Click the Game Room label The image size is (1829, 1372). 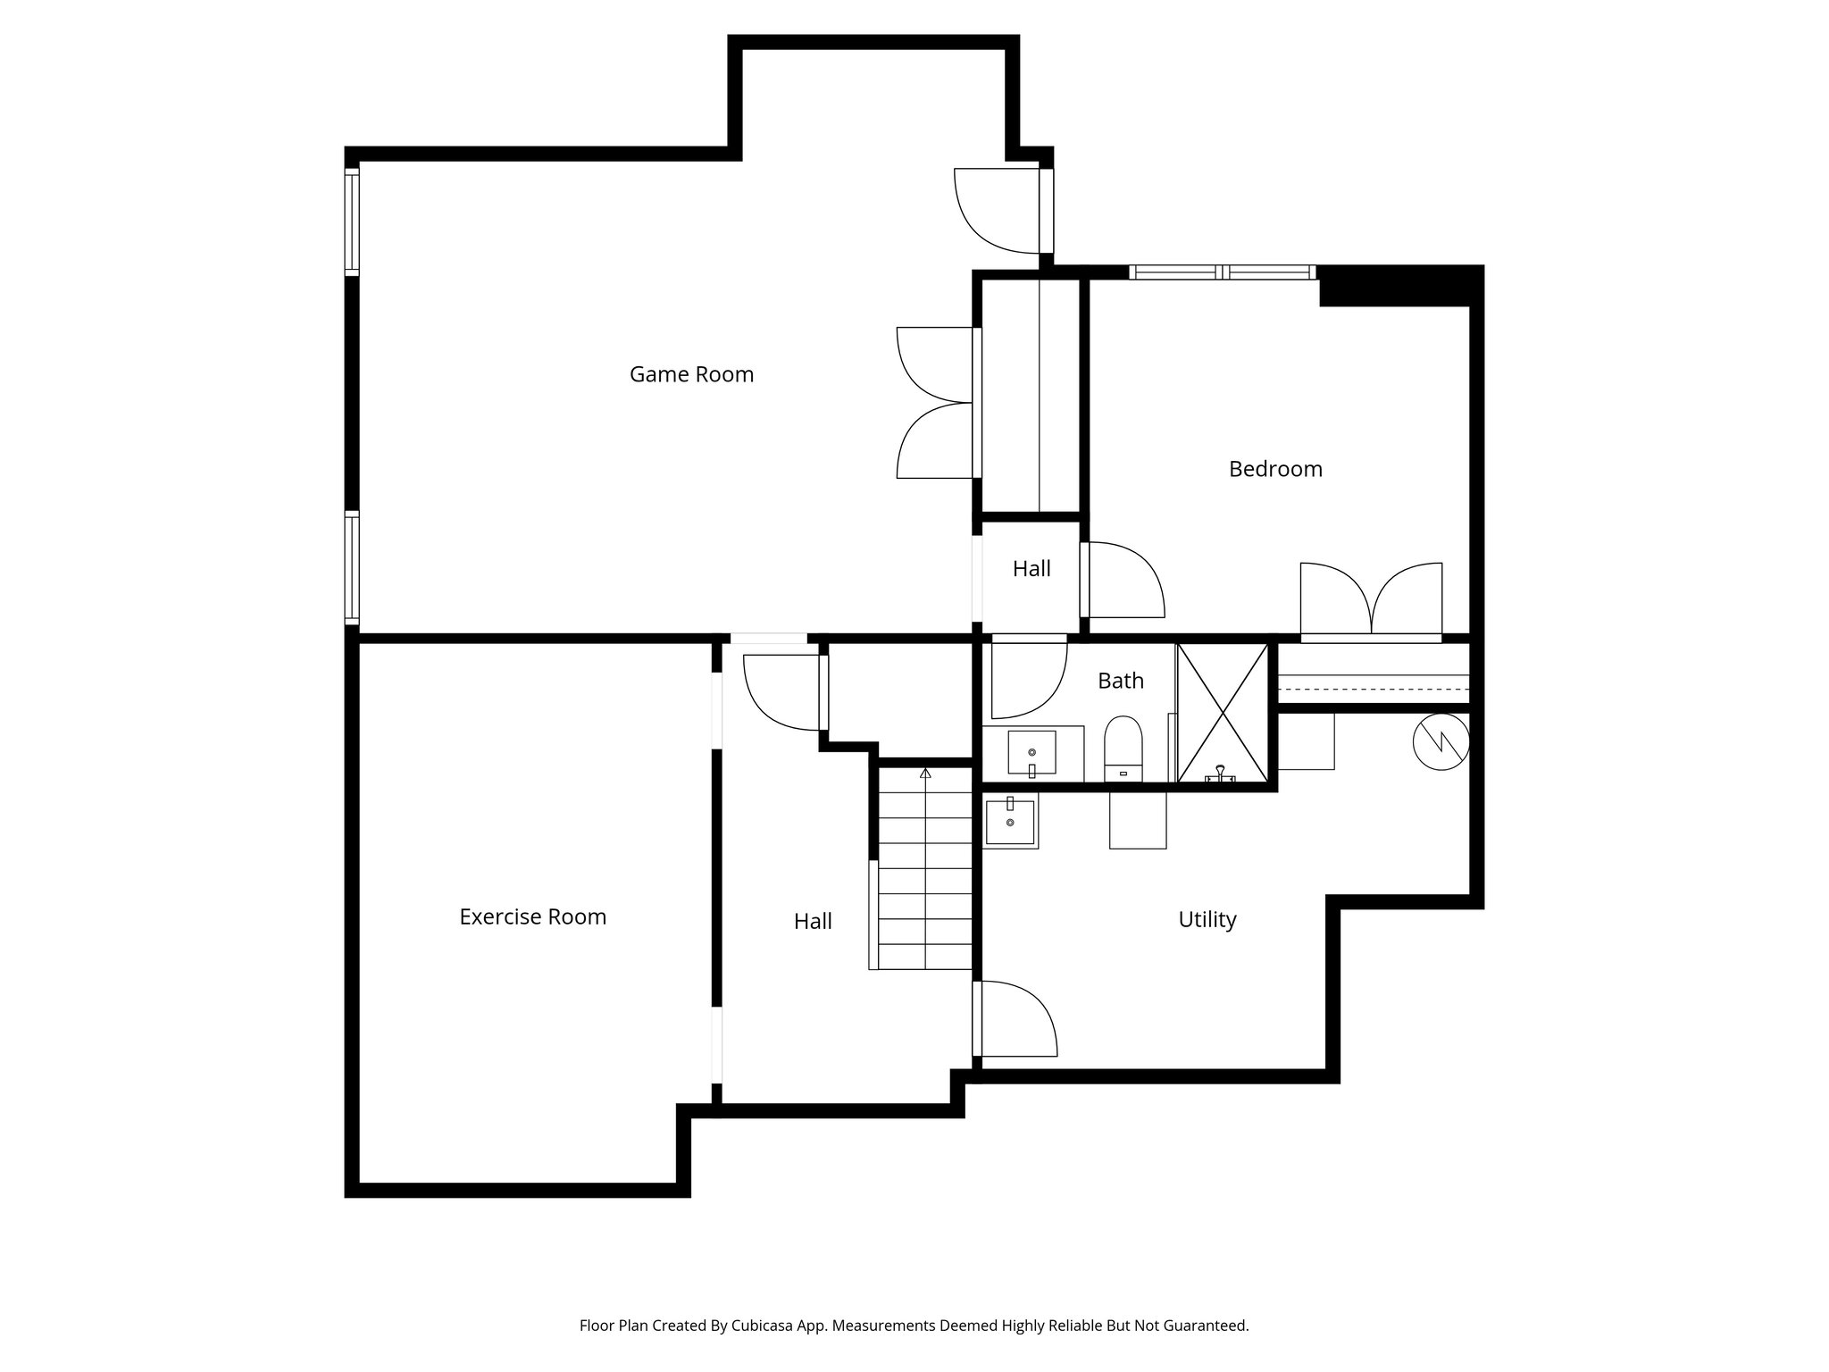point(691,374)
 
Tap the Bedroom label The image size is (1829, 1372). point(1274,469)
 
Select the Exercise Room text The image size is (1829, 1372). point(532,916)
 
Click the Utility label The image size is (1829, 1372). point(1207,919)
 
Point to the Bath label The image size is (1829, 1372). point(1120,681)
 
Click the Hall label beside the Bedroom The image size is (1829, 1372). point(1031,569)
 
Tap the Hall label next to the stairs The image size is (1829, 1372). point(812,921)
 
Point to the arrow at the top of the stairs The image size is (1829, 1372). point(925,774)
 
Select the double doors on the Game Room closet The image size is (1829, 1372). point(935,402)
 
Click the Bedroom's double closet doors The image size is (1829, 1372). point(1370,598)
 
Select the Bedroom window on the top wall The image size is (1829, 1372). point(1221,272)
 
